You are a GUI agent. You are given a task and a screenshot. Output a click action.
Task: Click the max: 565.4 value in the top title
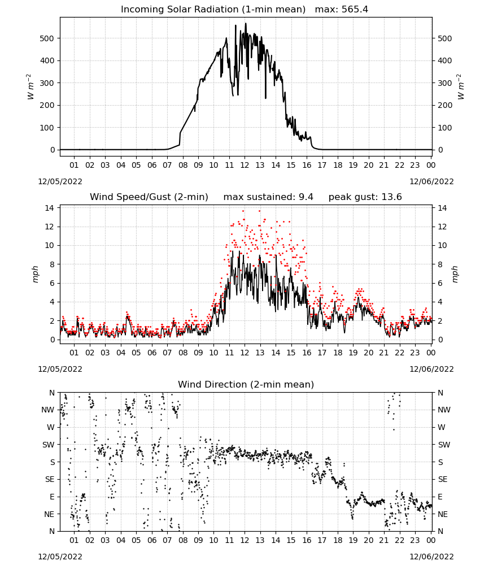pyautogui.click(x=342, y=10)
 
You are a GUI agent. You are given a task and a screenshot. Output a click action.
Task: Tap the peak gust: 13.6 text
pyautogui.click(x=365, y=197)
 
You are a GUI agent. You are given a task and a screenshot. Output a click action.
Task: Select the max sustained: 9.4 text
pyautogui.click(x=268, y=197)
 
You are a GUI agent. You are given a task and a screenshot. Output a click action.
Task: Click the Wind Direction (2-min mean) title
pyautogui.click(x=246, y=384)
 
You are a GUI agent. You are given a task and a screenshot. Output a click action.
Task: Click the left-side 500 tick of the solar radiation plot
pyautogui.click(x=47, y=38)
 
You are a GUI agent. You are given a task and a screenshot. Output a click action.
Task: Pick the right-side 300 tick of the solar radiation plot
pyautogui.click(x=444, y=83)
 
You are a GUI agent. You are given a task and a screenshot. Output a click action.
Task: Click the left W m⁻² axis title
pyautogui.click(x=30, y=87)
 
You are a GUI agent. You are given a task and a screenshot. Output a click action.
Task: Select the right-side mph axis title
pyautogui.click(x=455, y=274)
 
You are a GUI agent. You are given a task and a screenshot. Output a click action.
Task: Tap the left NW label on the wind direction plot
pyautogui.click(x=48, y=410)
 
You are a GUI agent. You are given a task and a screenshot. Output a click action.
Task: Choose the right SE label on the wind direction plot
pyautogui.click(x=443, y=479)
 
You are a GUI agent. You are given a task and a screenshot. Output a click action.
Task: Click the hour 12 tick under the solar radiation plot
pyautogui.click(x=245, y=165)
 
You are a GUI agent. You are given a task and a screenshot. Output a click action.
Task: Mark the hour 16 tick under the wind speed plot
pyautogui.click(x=307, y=353)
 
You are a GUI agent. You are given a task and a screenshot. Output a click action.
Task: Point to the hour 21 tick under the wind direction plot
pyautogui.click(x=384, y=540)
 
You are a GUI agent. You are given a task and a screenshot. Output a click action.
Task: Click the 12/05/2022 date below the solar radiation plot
pyautogui.click(x=60, y=181)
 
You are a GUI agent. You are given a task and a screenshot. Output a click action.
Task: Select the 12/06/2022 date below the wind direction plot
pyautogui.click(x=432, y=557)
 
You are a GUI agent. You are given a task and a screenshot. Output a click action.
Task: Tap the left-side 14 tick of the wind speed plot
pyautogui.click(x=50, y=208)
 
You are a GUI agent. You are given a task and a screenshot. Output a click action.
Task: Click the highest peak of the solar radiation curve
pyautogui.click(x=246, y=23)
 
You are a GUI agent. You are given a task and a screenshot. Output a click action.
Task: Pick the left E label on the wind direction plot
pyautogui.click(x=52, y=497)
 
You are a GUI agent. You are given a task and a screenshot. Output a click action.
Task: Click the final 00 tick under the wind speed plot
pyautogui.click(x=431, y=353)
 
